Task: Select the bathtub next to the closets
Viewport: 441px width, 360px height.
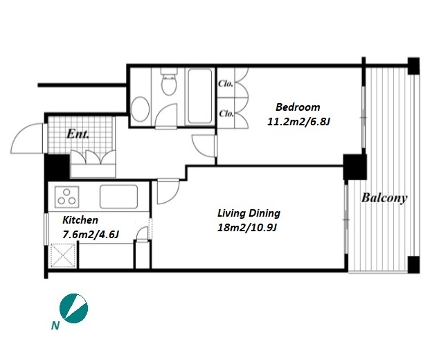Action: [199, 96]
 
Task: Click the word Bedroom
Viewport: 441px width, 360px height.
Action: [298, 107]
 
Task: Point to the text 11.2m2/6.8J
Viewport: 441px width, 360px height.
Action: [298, 122]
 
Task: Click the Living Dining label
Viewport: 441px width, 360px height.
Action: [249, 213]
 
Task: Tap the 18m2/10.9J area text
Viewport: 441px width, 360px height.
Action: [247, 228]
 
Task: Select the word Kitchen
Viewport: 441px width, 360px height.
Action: [80, 220]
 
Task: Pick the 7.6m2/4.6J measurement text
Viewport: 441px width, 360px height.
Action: [90, 234]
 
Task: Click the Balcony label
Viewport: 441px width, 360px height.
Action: [384, 198]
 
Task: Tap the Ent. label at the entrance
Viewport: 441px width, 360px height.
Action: [78, 134]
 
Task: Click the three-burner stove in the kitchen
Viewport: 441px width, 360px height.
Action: [66, 197]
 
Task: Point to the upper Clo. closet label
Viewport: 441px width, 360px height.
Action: [226, 84]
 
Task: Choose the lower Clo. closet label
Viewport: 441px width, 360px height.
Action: [226, 114]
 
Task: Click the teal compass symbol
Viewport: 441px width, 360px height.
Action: [73, 308]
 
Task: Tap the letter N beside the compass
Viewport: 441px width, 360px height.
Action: [55, 325]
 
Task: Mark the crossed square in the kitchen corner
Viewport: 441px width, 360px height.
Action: [63, 255]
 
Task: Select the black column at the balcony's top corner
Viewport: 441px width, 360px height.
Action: [413, 66]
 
